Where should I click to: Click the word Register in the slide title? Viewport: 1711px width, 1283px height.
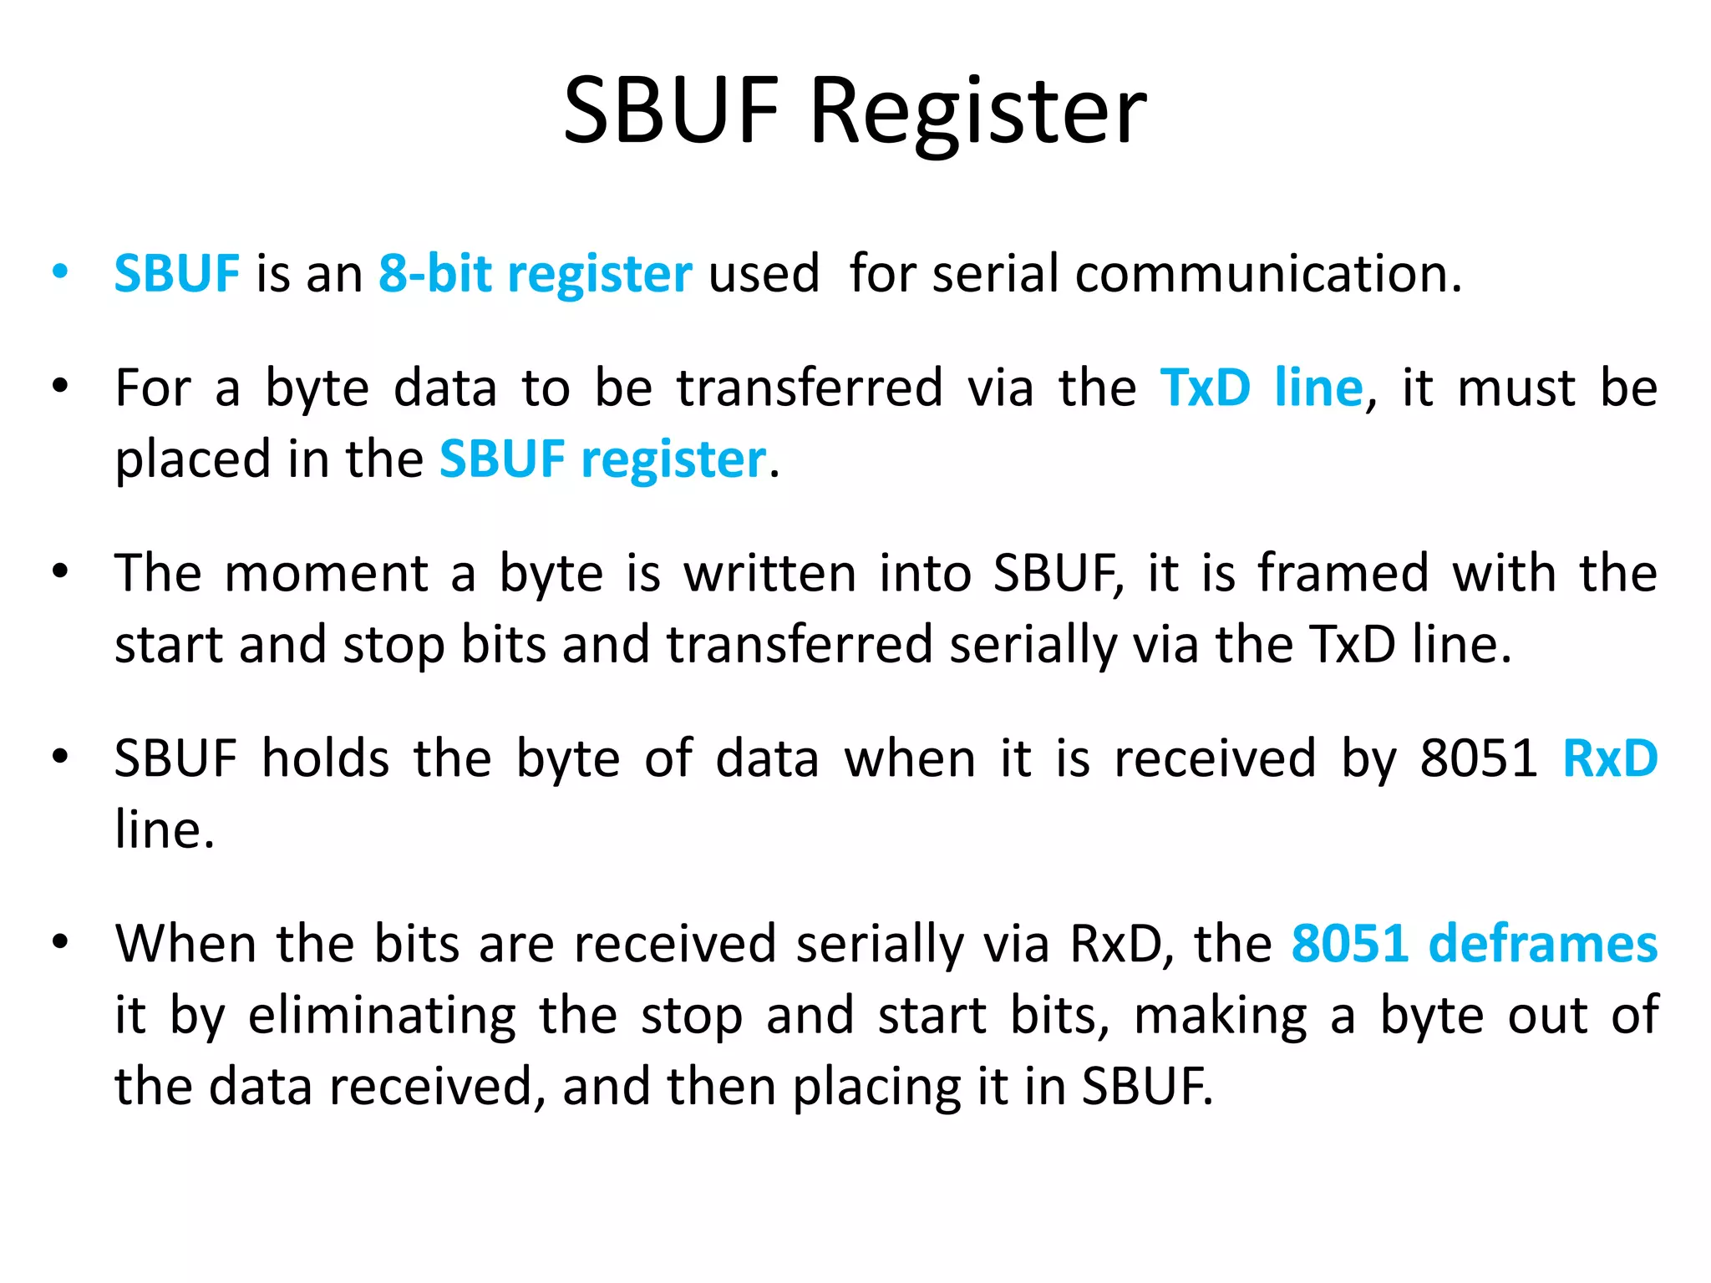tap(978, 113)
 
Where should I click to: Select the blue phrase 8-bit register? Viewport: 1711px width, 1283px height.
tap(535, 274)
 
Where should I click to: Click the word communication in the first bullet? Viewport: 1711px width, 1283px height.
tap(1268, 274)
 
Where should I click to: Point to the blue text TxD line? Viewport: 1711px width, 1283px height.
tap(1262, 388)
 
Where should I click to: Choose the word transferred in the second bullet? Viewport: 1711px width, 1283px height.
tap(810, 388)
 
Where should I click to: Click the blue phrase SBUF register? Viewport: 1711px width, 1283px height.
tap(602, 459)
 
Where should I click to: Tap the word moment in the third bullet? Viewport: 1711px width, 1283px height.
tap(326, 574)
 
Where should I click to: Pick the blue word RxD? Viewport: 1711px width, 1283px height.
tap(1609, 759)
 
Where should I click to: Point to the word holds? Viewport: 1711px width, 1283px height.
tap(326, 759)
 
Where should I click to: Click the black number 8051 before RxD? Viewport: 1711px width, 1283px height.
tap(1478, 759)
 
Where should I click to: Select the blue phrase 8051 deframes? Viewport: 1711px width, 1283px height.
tap(1474, 945)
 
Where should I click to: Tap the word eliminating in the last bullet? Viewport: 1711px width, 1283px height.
tap(382, 1017)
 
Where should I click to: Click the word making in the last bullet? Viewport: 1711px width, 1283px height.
tap(1220, 1017)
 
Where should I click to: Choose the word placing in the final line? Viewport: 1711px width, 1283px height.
tap(876, 1088)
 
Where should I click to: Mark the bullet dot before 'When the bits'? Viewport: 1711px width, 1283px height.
tap(59, 941)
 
